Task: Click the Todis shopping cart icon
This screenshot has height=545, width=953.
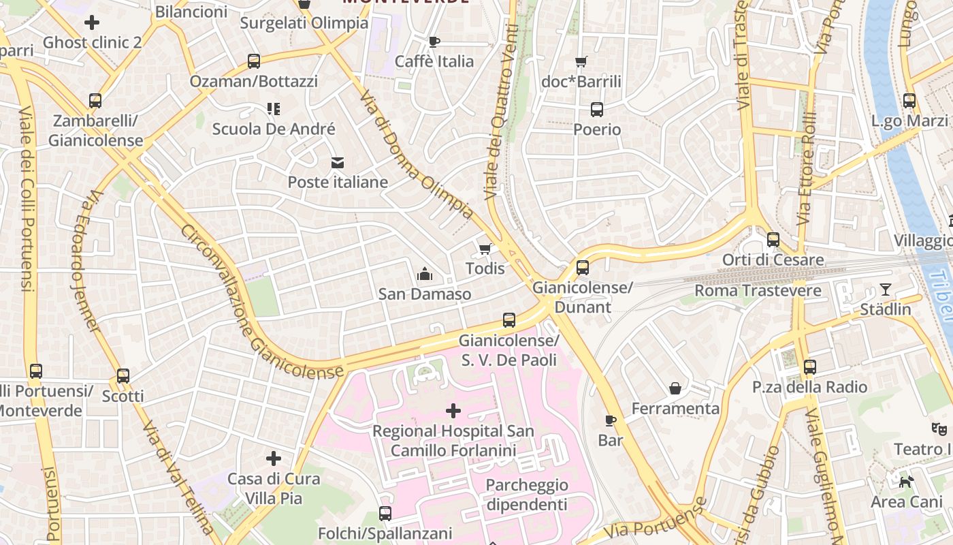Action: (x=485, y=249)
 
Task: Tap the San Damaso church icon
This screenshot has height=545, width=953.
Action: (x=425, y=275)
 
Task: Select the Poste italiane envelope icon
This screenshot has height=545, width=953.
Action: (x=338, y=162)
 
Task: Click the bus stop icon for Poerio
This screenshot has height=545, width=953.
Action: (x=597, y=109)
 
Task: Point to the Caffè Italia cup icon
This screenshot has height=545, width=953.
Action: (x=434, y=42)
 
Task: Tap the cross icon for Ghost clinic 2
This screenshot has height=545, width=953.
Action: (x=92, y=22)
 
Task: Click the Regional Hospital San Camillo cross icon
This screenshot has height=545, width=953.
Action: (x=453, y=410)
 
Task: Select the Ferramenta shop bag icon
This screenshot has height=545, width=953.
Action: (x=675, y=388)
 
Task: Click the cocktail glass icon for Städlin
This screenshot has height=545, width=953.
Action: (x=885, y=289)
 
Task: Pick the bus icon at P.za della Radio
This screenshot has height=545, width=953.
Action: (x=809, y=367)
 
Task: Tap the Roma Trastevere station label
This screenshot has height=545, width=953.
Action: (x=758, y=291)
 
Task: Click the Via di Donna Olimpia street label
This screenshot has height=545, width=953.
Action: (x=417, y=154)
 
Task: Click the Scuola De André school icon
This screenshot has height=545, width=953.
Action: (x=274, y=109)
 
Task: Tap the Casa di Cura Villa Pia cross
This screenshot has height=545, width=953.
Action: (x=274, y=458)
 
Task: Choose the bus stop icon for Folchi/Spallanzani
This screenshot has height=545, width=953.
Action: (x=385, y=513)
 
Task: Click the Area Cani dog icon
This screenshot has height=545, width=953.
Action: (x=906, y=482)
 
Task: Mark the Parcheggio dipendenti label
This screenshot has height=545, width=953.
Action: (x=526, y=495)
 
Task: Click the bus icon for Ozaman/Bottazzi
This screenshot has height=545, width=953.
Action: (x=254, y=61)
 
